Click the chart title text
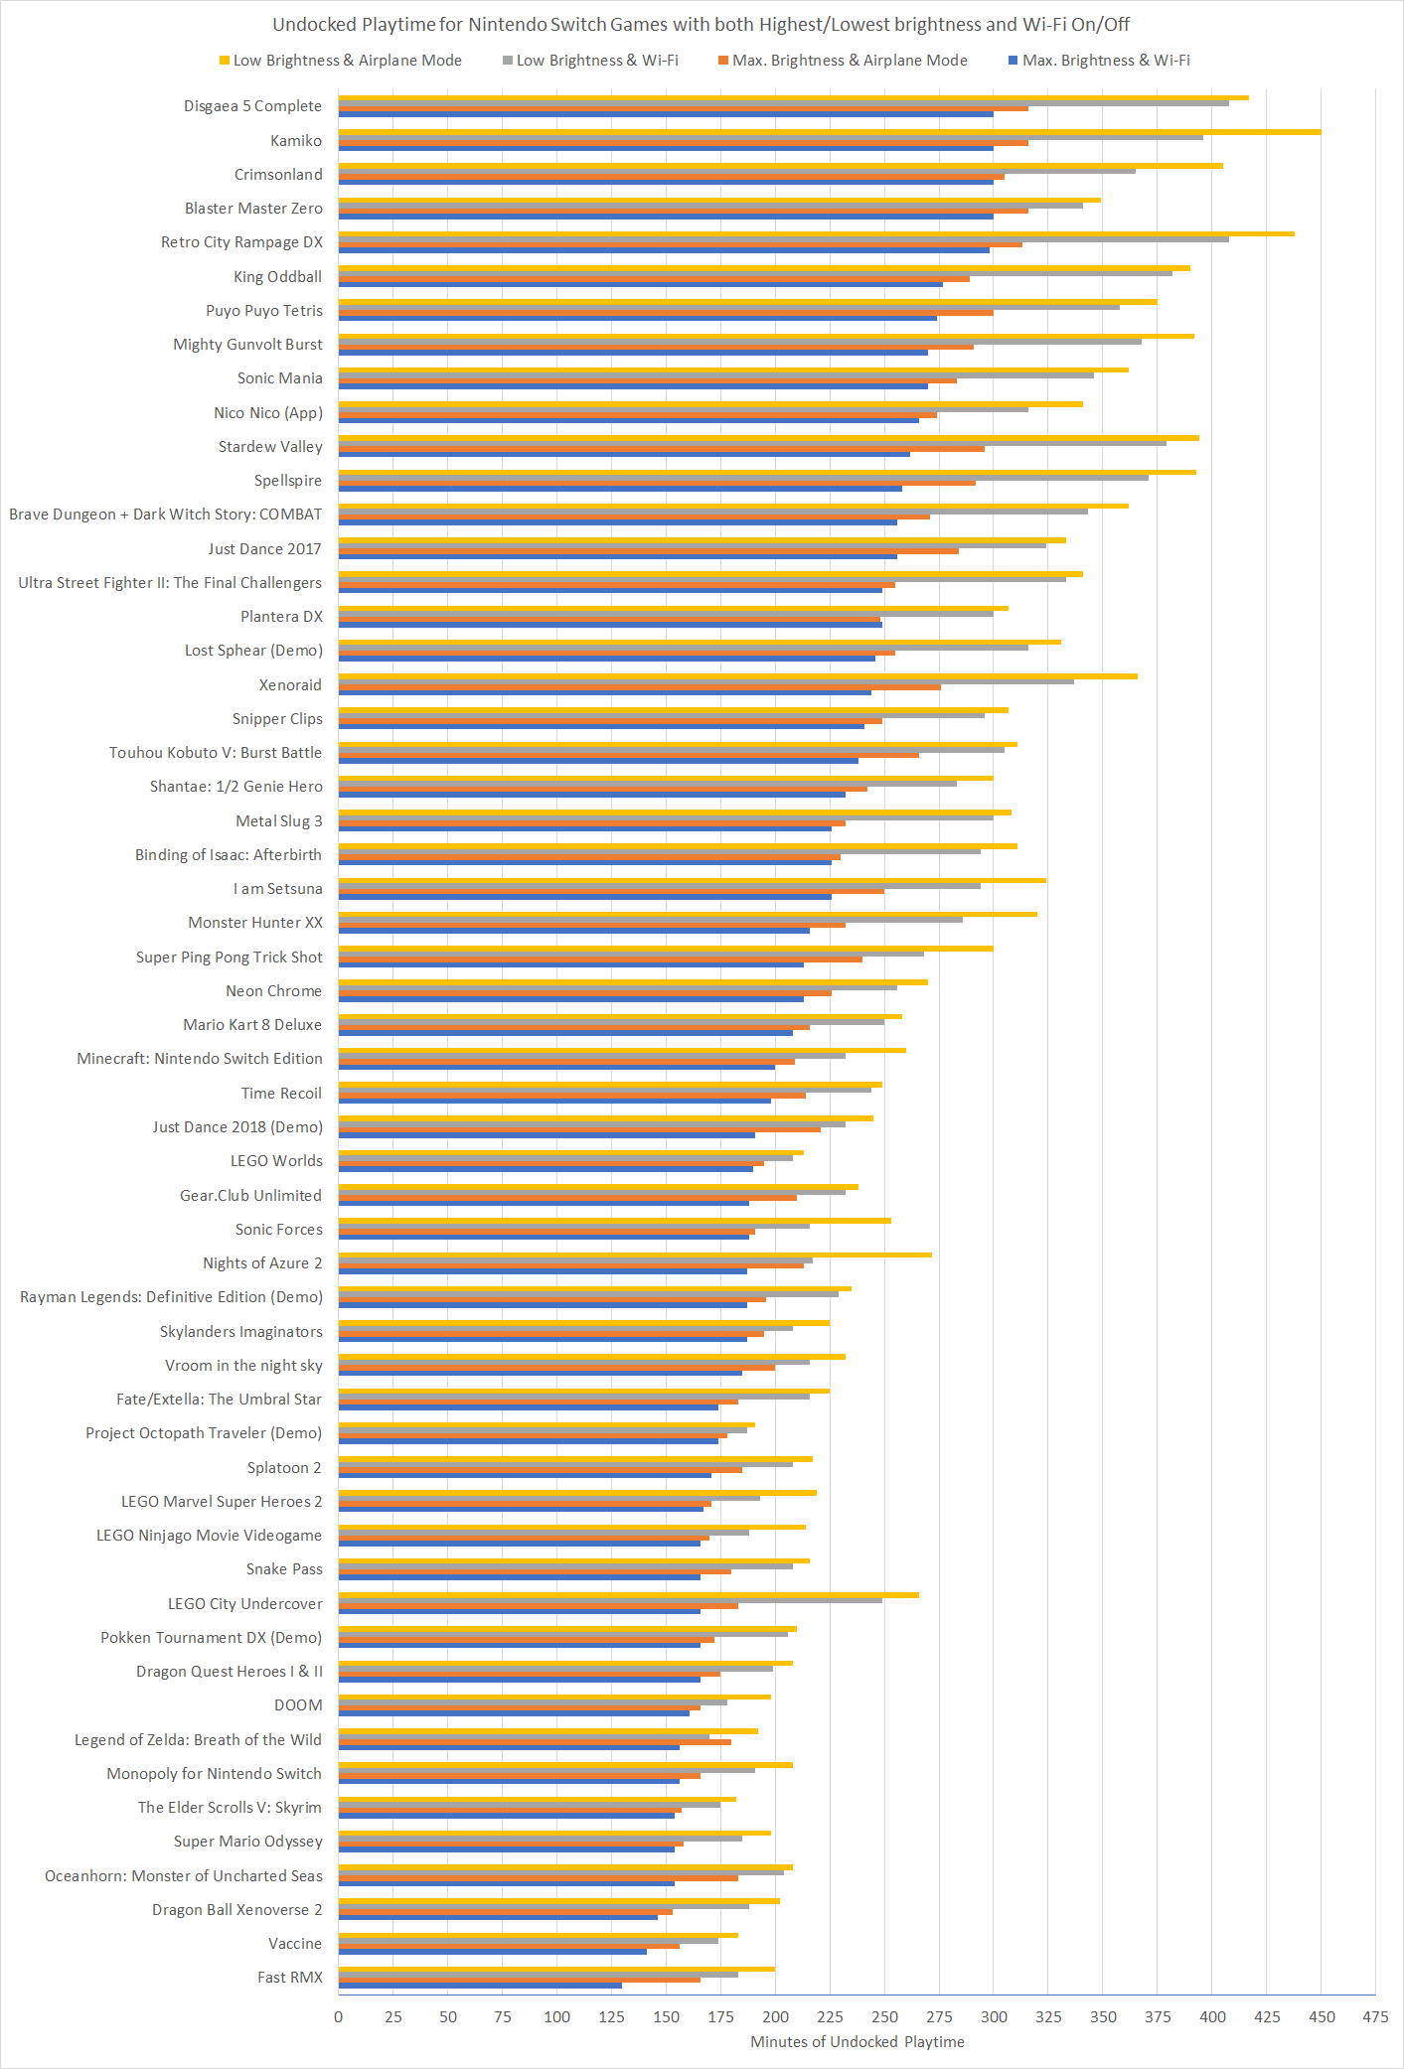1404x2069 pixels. pos(701,25)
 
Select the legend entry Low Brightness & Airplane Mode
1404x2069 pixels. pos(340,61)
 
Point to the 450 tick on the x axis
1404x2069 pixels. pos(1322,2016)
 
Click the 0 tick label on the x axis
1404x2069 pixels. pos(339,2016)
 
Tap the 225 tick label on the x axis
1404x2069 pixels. pos(830,2016)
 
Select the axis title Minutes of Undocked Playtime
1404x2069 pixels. pos(857,2041)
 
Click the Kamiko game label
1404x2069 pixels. pos(296,141)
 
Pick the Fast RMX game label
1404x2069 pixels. pos(290,1977)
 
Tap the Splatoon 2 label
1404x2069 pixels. pos(284,1467)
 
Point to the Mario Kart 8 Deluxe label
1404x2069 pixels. pos(252,1025)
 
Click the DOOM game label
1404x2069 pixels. pos(298,1705)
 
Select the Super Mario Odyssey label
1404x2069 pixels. pos(248,1842)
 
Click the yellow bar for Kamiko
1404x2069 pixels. pos(830,132)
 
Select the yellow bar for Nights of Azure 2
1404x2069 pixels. pos(635,1255)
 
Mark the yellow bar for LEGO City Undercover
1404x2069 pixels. pos(628,1595)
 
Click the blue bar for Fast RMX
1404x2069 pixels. pos(480,1986)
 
